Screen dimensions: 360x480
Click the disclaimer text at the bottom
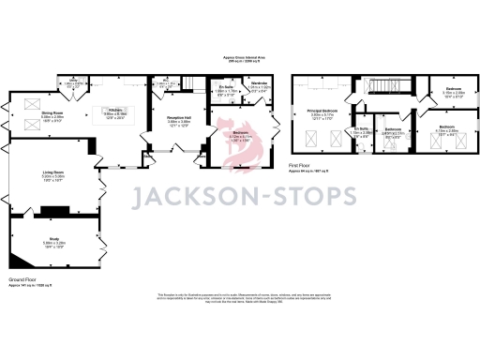[x=239, y=298]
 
